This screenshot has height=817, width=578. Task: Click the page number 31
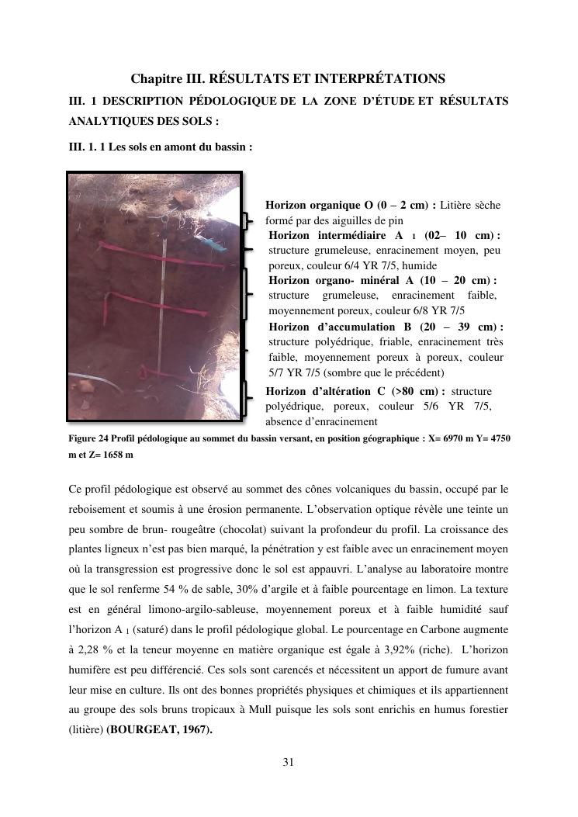288,762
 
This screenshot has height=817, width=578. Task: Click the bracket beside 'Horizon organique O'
247,221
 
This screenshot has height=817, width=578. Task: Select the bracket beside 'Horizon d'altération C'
247,399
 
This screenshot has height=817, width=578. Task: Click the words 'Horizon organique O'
319,205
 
